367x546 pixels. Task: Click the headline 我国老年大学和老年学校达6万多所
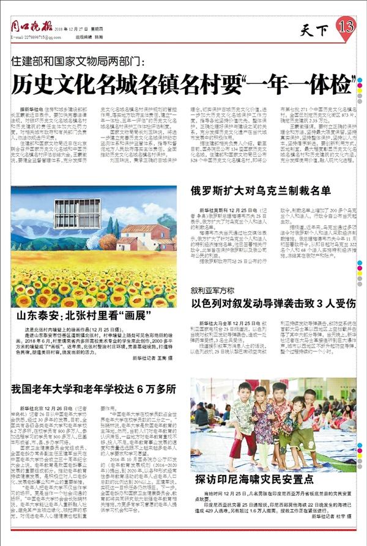pyautogui.click(x=94, y=389)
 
